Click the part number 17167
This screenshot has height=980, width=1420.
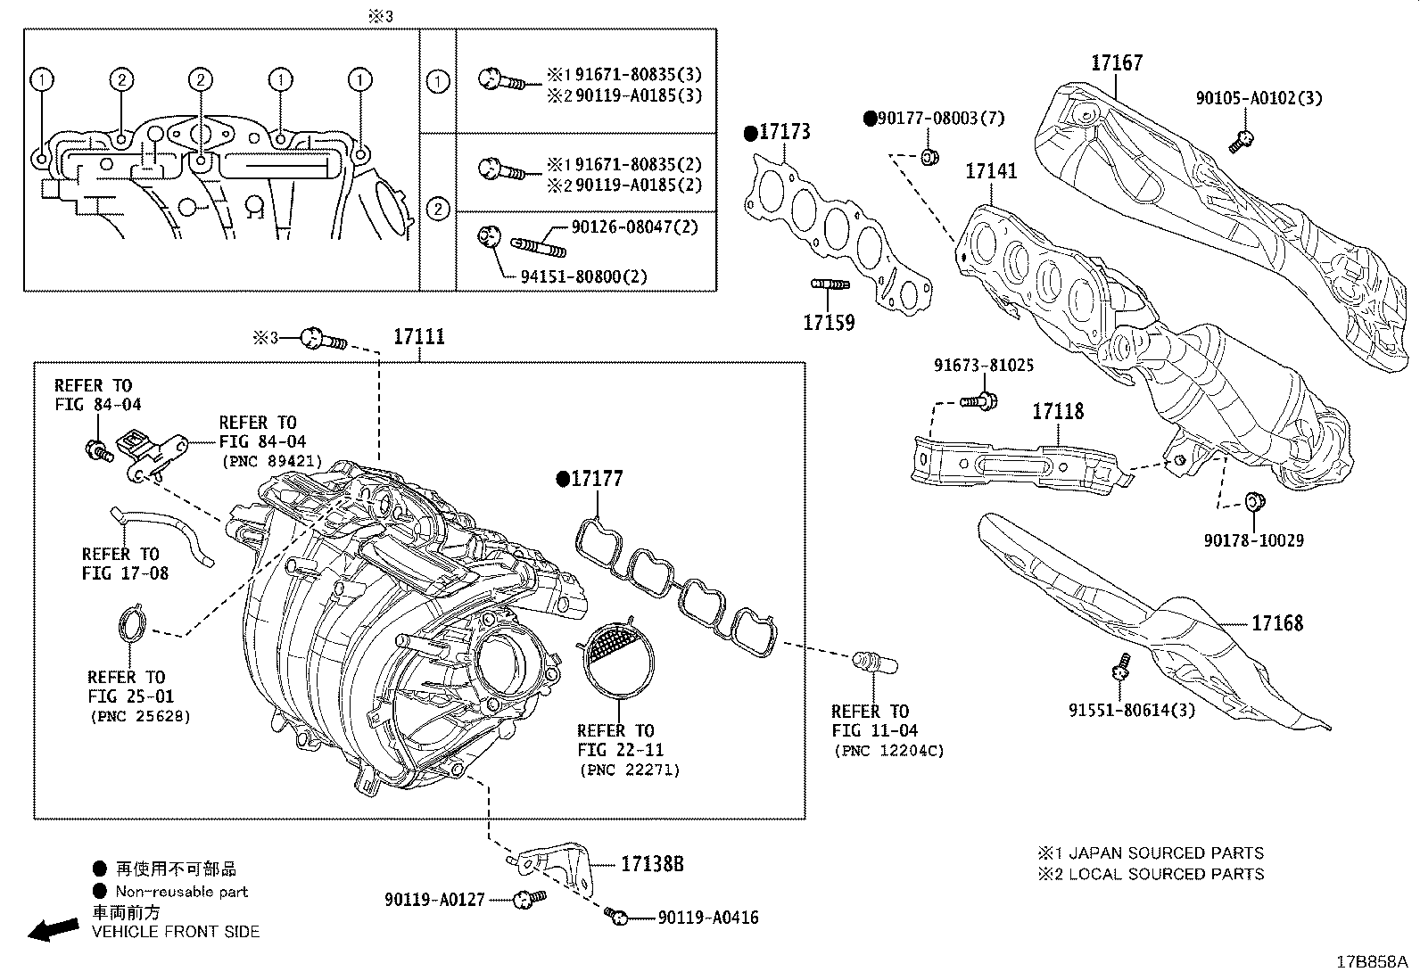click(x=1116, y=63)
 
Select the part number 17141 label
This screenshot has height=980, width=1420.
click(x=991, y=170)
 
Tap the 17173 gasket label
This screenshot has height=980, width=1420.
click(x=784, y=133)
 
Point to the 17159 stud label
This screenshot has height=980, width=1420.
click(x=829, y=322)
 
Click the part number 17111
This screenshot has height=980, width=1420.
click(x=419, y=337)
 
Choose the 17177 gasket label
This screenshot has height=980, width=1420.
click(x=596, y=480)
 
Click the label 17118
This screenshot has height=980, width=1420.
click(x=1058, y=412)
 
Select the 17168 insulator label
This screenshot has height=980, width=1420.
click(x=1277, y=622)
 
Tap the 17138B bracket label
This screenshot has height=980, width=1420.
click(x=652, y=864)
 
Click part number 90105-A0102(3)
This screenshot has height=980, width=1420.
click(x=1259, y=99)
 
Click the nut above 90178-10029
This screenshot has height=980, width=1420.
click(x=1251, y=502)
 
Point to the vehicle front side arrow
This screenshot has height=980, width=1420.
click(x=53, y=930)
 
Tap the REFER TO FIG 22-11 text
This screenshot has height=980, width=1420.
click(x=615, y=740)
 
